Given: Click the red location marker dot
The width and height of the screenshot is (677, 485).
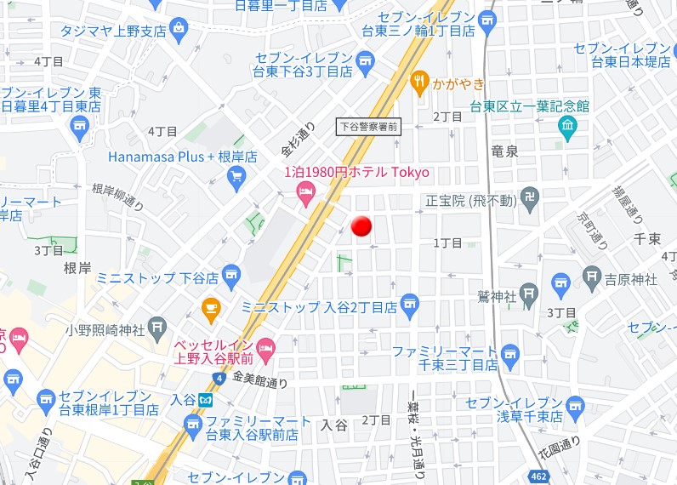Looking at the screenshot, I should (362, 226).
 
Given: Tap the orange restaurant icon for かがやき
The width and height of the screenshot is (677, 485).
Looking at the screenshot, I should (418, 83).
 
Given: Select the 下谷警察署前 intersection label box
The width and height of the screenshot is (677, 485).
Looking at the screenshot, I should (368, 126).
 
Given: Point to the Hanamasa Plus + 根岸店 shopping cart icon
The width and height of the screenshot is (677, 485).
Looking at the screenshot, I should (237, 177).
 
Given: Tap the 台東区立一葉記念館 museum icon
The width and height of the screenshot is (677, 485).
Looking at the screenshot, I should (567, 128).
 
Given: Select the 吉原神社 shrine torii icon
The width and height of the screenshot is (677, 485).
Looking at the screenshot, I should (593, 277).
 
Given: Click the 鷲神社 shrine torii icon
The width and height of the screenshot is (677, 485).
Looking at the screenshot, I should (529, 296).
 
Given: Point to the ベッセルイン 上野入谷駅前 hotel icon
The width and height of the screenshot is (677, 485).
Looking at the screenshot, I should (266, 346).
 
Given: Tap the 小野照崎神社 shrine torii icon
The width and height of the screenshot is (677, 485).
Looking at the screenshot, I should (156, 327).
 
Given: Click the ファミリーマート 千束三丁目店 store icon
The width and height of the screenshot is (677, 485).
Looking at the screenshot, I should (510, 353).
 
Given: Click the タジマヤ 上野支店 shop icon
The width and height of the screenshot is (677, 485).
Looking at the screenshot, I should (179, 31).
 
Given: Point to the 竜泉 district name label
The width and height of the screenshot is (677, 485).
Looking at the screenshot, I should (505, 151).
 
